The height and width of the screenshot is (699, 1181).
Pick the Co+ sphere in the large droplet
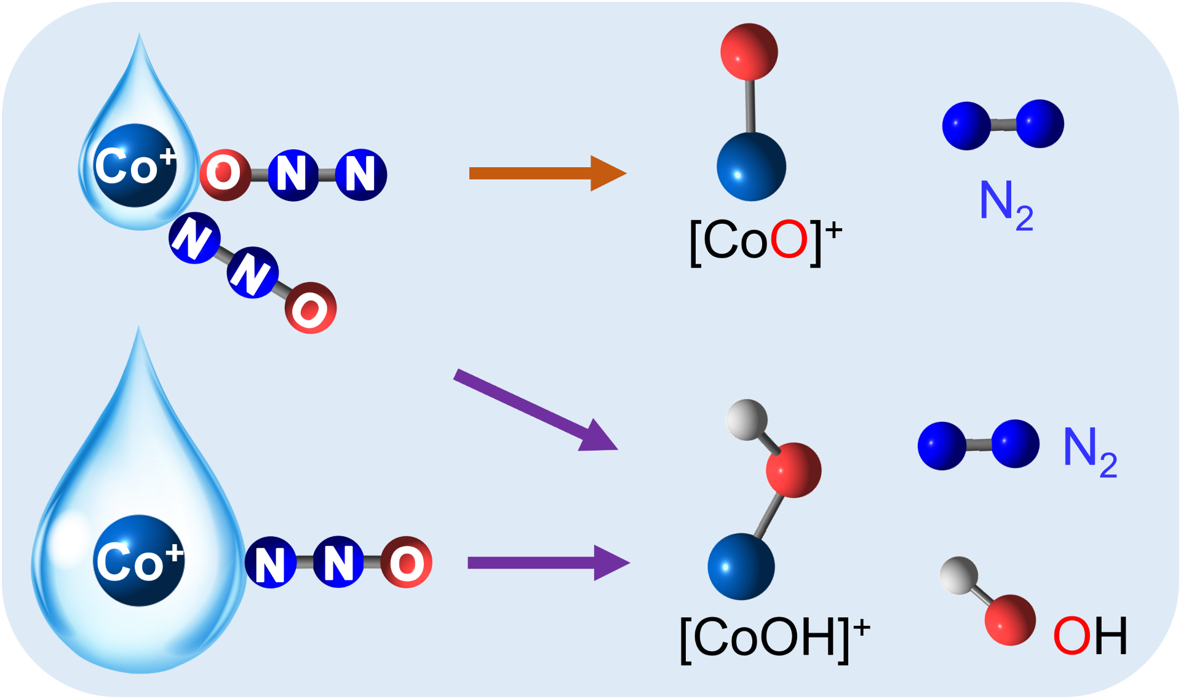pyautogui.click(x=139, y=561)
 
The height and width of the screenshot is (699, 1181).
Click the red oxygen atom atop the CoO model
pyautogui.click(x=749, y=52)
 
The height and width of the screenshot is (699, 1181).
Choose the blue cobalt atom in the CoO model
pyautogui.click(x=751, y=167)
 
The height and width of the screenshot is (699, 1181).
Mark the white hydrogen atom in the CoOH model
pyautogui.click(x=746, y=420)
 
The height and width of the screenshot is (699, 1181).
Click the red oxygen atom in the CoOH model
pyautogui.click(x=793, y=470)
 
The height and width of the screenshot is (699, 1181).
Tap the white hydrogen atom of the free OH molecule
pyautogui.click(x=959, y=575)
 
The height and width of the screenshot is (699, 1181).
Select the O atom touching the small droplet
pyautogui.click(x=225, y=175)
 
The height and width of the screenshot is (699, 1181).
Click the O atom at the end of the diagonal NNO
pyautogui.click(x=311, y=308)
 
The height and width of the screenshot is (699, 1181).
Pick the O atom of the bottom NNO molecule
pyautogui.click(x=406, y=562)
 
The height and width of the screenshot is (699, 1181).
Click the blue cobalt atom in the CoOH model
pyautogui.click(x=741, y=566)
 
